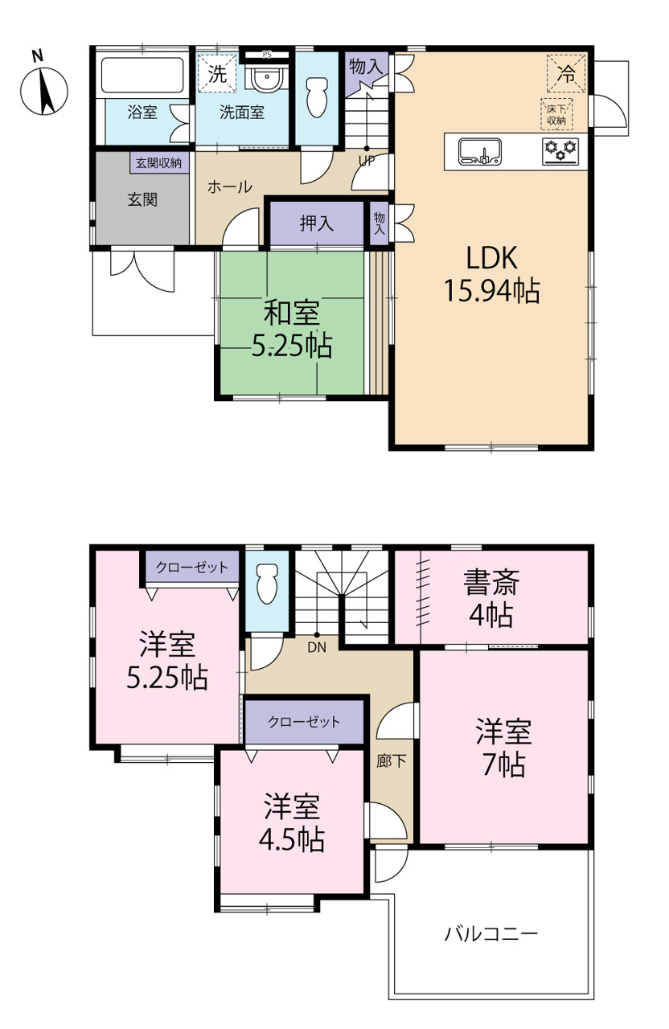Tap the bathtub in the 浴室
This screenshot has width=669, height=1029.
pyautogui.click(x=142, y=76)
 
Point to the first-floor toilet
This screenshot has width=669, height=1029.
pyautogui.click(x=316, y=97)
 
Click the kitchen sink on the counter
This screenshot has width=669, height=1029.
pyautogui.click(x=480, y=152)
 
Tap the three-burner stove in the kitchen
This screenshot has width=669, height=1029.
pyautogui.click(x=560, y=152)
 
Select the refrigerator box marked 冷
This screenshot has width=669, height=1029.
pyautogui.click(x=566, y=73)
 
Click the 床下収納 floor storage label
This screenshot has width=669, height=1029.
pyautogui.click(x=556, y=114)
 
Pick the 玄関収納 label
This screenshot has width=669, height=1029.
pyautogui.click(x=158, y=163)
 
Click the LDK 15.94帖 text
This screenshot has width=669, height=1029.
pyautogui.click(x=491, y=274)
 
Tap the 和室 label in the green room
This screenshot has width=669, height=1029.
pyautogui.click(x=292, y=313)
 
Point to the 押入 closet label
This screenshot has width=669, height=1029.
pyautogui.click(x=317, y=223)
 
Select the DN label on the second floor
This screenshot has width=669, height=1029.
pyautogui.click(x=317, y=648)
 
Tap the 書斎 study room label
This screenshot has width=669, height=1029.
pyautogui.click(x=491, y=583)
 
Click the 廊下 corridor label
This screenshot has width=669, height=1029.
pyautogui.click(x=392, y=761)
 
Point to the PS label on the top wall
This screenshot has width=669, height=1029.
pyautogui.click(x=267, y=55)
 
